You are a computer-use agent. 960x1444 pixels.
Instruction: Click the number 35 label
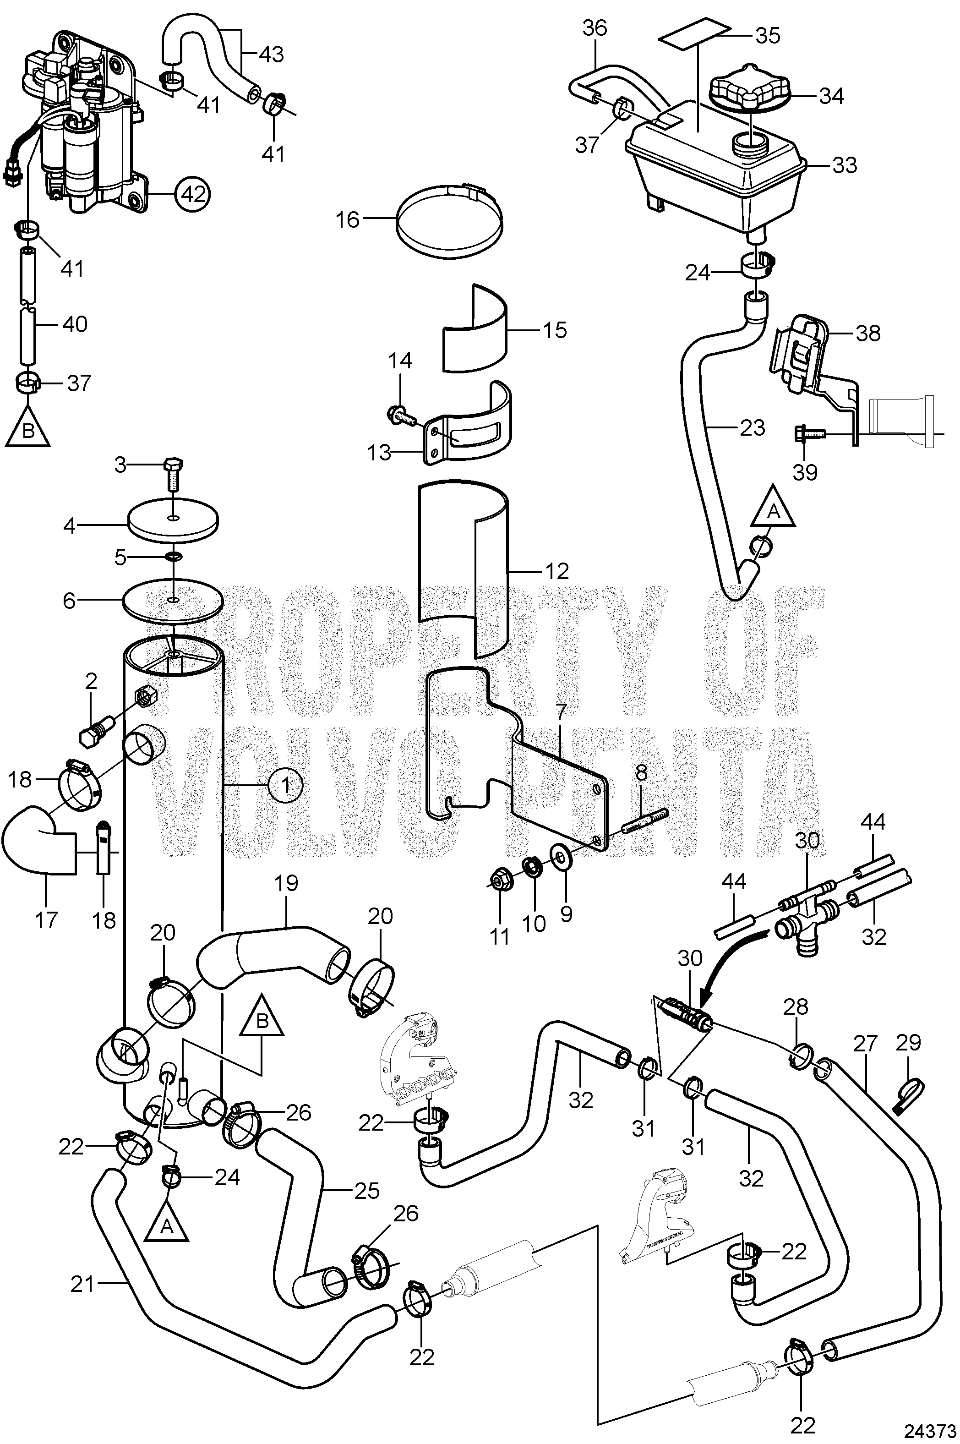pos(767,36)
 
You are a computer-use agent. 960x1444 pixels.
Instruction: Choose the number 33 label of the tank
pos(845,165)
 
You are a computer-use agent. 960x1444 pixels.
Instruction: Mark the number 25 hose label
pos(366,1191)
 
